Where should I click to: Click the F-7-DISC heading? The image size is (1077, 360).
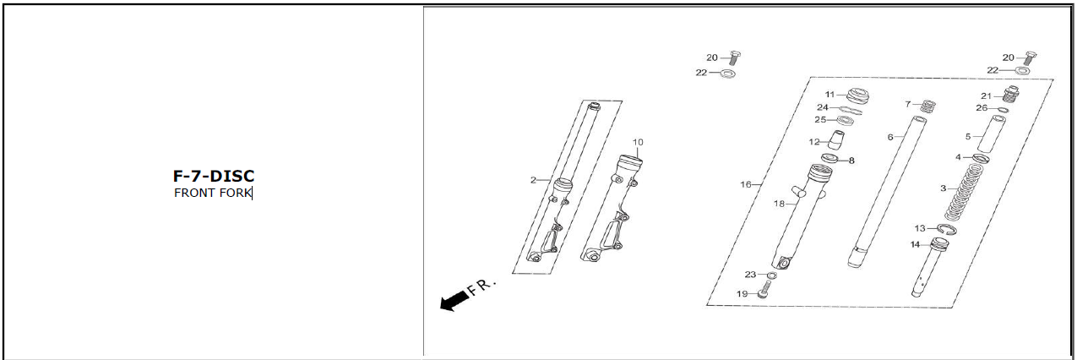coord(214,176)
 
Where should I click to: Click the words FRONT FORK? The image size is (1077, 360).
coord(213,193)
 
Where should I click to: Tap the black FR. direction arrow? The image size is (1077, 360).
coord(454,302)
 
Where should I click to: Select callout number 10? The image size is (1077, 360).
coord(638,143)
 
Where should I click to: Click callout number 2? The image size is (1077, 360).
coord(533,180)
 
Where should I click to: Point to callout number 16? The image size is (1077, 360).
coord(746,184)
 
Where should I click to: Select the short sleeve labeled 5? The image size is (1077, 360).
coord(991,134)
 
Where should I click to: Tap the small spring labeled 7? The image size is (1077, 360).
coord(928,106)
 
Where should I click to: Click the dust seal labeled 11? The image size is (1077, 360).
coord(859,95)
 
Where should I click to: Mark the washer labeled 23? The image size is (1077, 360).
coord(772,275)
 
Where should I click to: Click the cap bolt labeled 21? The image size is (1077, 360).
coord(1012,94)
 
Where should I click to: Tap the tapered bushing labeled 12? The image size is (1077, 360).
coord(836,139)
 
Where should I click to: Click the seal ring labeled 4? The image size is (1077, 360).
coord(981,158)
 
